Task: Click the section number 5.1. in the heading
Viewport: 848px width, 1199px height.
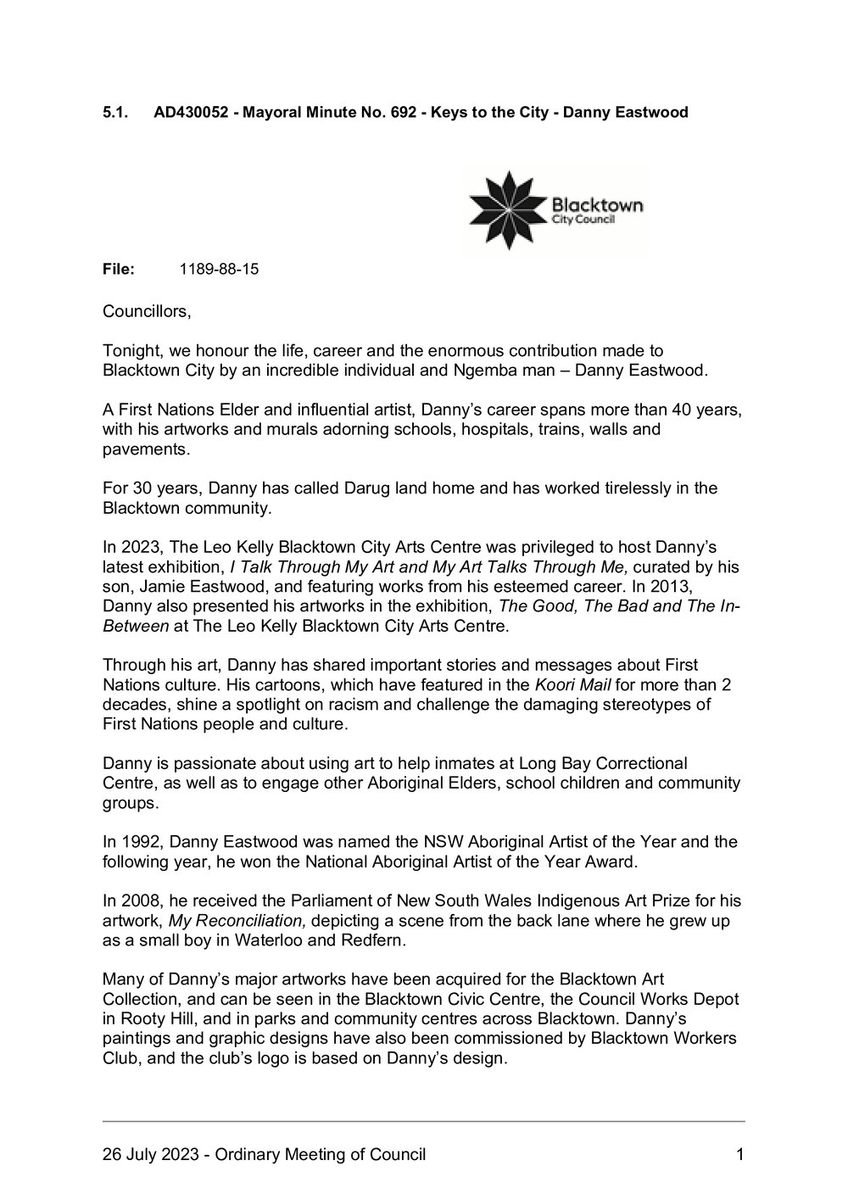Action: (115, 112)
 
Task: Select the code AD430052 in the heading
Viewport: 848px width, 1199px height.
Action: (192, 112)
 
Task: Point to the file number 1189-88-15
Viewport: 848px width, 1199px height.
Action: (220, 270)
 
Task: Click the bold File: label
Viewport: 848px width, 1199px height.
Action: (119, 270)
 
